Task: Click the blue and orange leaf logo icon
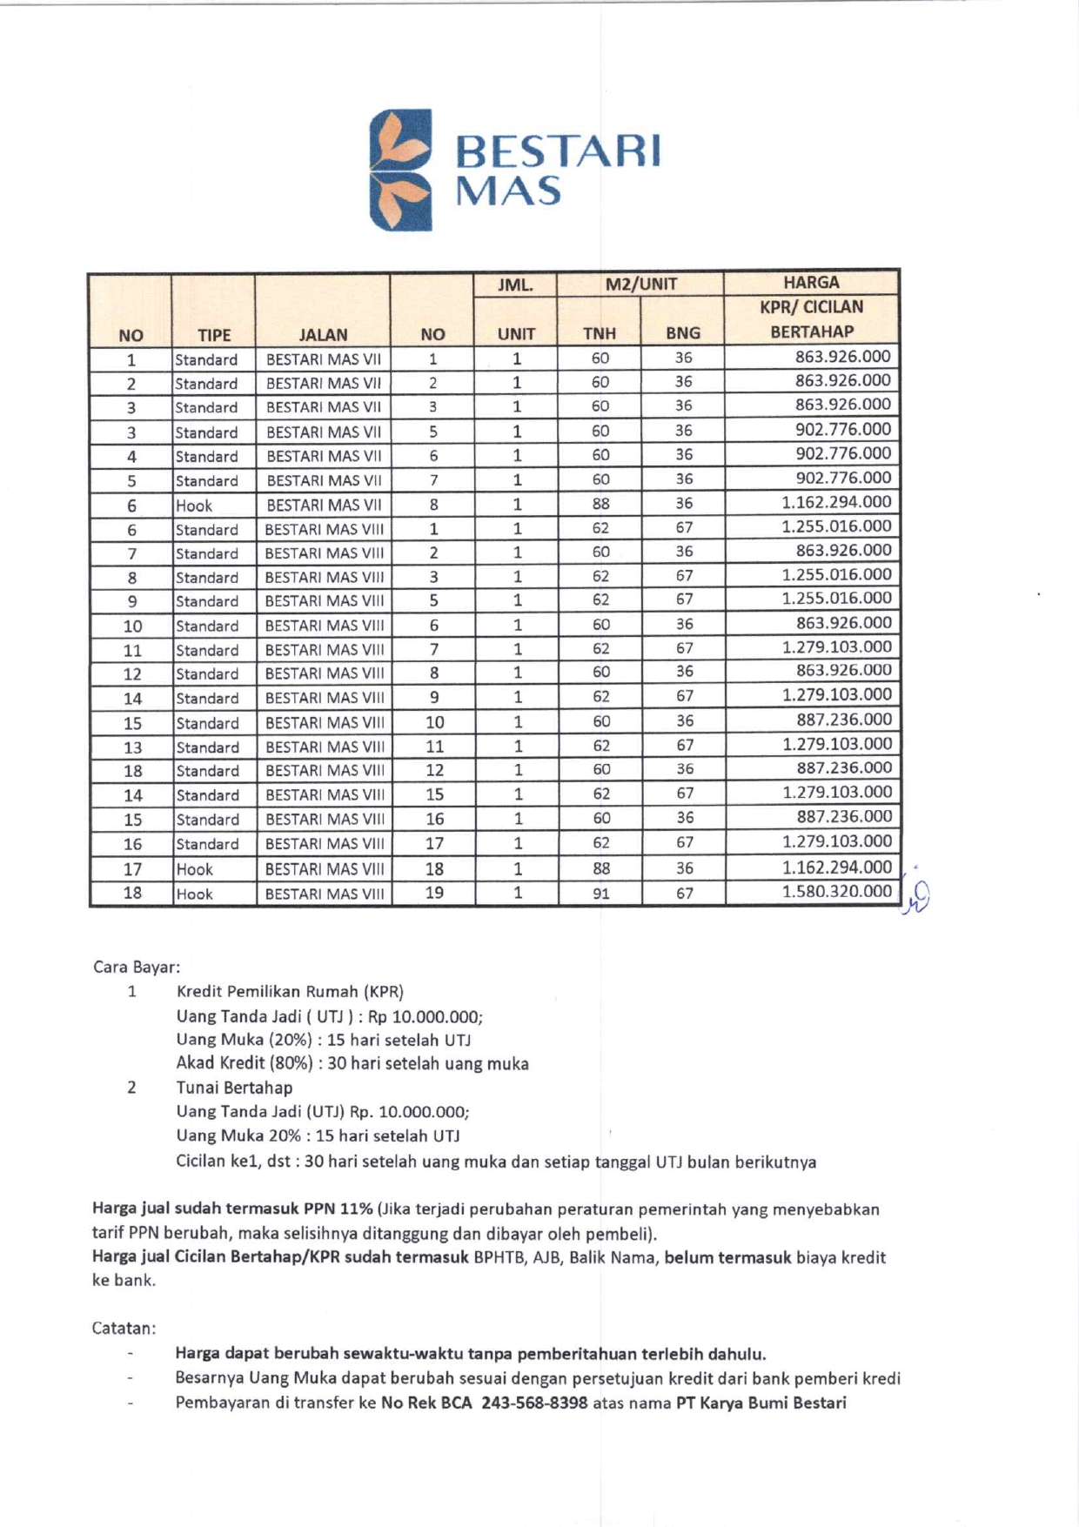(x=401, y=170)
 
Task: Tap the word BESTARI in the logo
(x=557, y=151)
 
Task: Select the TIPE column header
(x=214, y=335)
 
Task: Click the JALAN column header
(x=323, y=335)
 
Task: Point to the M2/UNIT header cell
(x=641, y=284)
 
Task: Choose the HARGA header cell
(x=811, y=283)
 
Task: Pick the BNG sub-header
(x=683, y=333)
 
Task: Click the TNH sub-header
(x=600, y=333)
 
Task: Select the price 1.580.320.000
(x=836, y=891)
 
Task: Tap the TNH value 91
(x=600, y=893)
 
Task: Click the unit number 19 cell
(x=434, y=893)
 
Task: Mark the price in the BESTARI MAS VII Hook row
(x=836, y=502)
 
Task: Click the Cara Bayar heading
(x=137, y=968)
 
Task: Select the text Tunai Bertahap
(x=234, y=1088)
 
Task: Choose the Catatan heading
(x=124, y=1329)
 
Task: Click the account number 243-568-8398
(x=534, y=1403)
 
